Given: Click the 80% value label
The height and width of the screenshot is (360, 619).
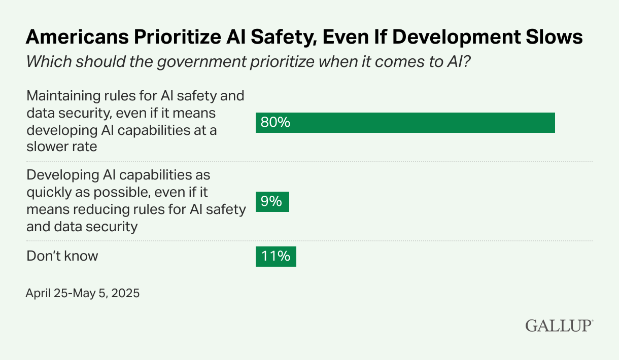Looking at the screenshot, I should [275, 123].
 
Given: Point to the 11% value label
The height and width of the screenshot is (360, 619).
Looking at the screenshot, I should [276, 257].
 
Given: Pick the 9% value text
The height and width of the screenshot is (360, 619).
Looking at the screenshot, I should [271, 202].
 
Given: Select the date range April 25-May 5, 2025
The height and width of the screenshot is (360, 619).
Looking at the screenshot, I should [82, 293].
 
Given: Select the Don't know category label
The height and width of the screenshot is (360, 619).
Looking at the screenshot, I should [62, 256].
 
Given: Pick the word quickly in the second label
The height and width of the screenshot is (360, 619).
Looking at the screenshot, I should [47, 192].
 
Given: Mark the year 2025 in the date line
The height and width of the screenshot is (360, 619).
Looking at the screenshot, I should [125, 293].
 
